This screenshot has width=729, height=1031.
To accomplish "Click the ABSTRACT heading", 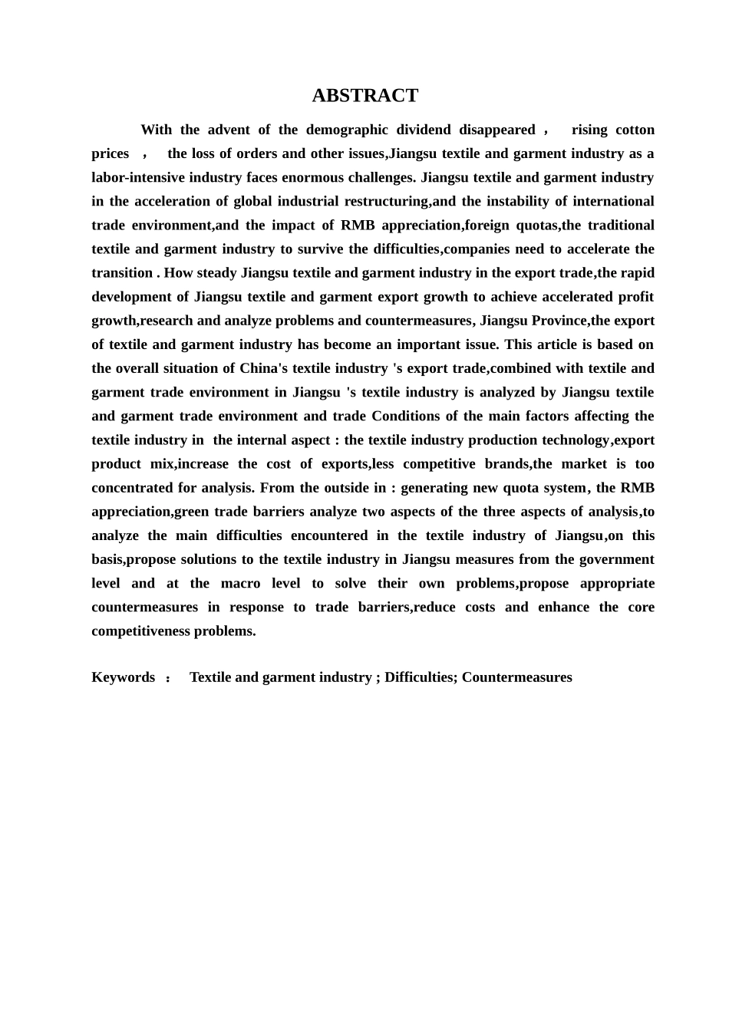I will [x=364, y=96].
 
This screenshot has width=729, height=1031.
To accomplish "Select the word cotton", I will [x=634, y=130].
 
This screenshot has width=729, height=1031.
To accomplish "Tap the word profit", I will [x=635, y=296].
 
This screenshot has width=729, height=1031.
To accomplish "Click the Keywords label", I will [x=123, y=677].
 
